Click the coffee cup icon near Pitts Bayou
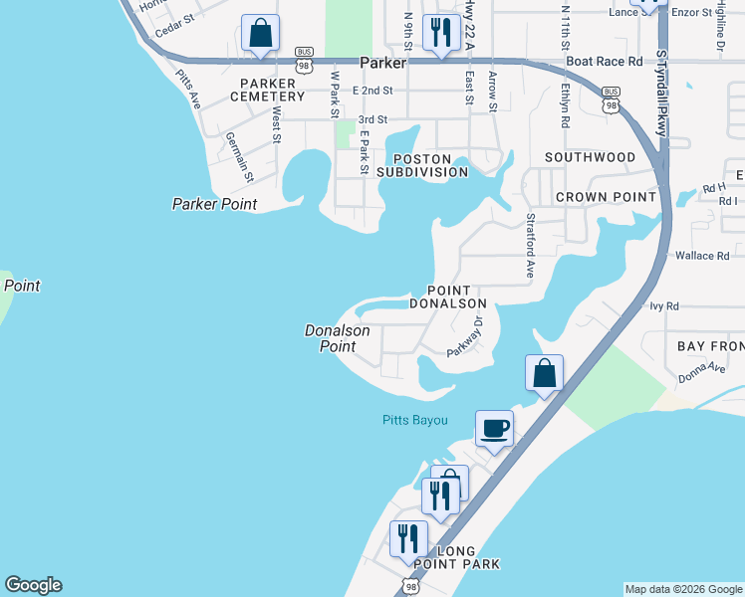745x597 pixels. (494, 429)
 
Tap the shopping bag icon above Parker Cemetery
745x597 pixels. (260, 33)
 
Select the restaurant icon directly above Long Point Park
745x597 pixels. (408, 539)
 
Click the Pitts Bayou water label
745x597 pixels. (415, 420)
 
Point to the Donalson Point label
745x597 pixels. (337, 338)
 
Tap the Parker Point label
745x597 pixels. (214, 204)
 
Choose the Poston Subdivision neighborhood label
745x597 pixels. (430, 165)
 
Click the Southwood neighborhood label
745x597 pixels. (590, 157)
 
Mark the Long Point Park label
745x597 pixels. (454, 557)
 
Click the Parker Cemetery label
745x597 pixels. (267, 90)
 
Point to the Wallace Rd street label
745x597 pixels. (702, 256)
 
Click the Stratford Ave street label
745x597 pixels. (531, 245)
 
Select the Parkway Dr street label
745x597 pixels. (465, 336)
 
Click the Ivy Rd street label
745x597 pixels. (663, 306)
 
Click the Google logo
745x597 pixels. (33, 585)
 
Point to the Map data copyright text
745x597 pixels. (683, 589)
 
